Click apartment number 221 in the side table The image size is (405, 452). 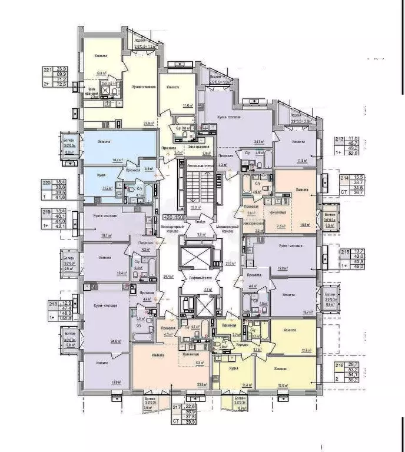click(x=48, y=69)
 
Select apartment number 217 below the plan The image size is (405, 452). click(x=177, y=407)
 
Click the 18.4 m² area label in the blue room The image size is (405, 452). click(x=118, y=159)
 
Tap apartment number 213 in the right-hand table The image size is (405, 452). click(x=339, y=139)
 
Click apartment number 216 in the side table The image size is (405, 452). click(x=339, y=366)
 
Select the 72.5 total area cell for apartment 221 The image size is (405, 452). click(x=60, y=85)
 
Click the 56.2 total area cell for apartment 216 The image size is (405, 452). click(x=355, y=380)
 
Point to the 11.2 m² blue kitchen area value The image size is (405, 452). click(x=108, y=189)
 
